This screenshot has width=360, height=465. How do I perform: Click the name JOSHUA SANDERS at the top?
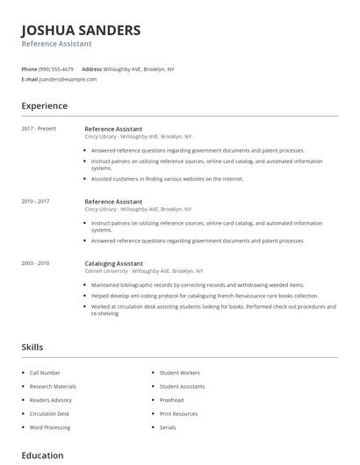(x=81, y=30)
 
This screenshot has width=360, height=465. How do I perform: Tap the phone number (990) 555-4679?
(x=56, y=68)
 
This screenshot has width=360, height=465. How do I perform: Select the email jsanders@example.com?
(x=68, y=79)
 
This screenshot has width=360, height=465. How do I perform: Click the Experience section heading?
(x=45, y=106)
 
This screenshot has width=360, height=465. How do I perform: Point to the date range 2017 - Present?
(x=39, y=129)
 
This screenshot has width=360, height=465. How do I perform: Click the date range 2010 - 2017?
(x=35, y=202)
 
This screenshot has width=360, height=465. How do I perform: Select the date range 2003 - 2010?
(x=35, y=263)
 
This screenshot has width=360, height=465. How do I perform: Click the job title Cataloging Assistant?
(x=113, y=263)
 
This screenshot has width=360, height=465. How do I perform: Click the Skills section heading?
(x=32, y=347)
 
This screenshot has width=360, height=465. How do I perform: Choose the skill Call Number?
(x=46, y=373)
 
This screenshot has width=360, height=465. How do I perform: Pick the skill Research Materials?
(x=53, y=386)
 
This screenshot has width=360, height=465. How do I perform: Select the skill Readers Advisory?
(x=51, y=400)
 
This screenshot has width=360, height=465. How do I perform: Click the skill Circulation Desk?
(x=49, y=413)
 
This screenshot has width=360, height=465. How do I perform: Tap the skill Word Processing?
(x=49, y=427)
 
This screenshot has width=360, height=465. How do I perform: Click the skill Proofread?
(x=173, y=400)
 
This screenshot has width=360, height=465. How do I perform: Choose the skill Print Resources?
(x=178, y=413)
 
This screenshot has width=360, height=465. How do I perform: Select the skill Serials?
(x=168, y=427)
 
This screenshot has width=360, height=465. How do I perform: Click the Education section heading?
(x=42, y=455)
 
